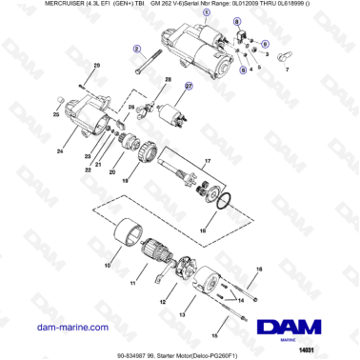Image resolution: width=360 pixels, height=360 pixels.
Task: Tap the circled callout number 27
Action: (188, 85)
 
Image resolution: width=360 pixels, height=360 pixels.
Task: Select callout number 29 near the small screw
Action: (95, 65)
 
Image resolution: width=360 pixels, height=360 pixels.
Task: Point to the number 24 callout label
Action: (60, 150)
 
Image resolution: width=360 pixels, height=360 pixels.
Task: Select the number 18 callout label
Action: (201, 230)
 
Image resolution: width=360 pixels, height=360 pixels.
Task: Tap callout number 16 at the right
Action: (257, 270)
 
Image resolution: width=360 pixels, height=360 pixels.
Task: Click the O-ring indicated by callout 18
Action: (221, 200)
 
